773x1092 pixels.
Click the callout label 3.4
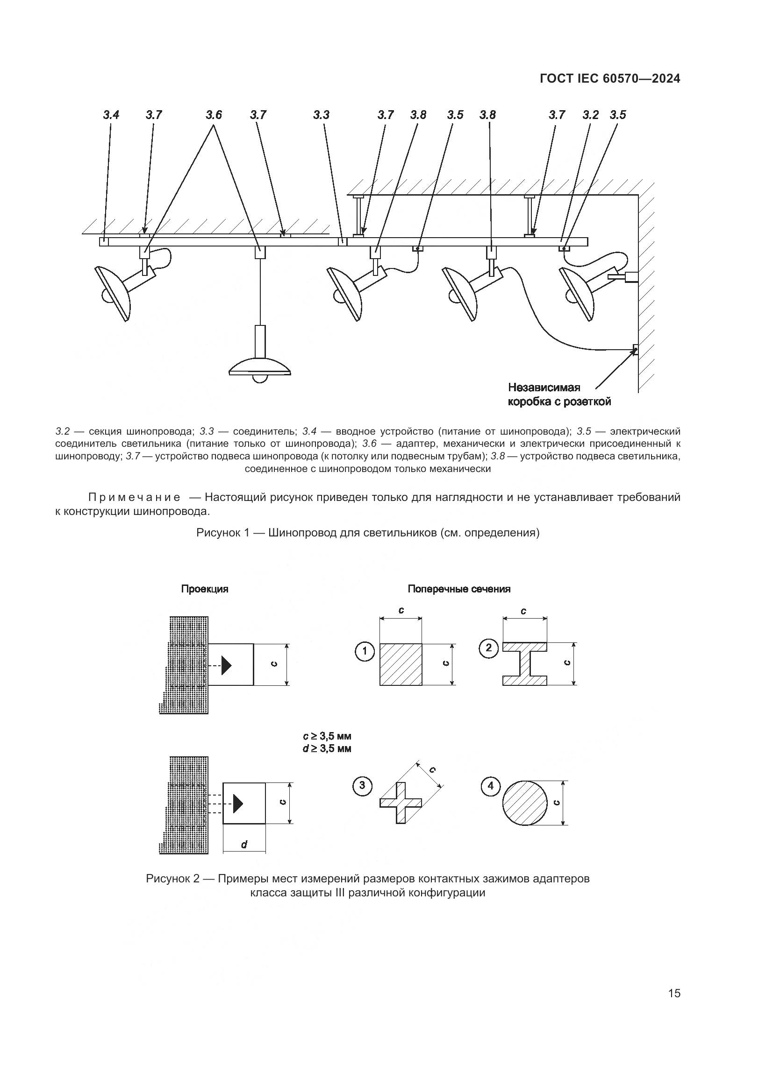pos(111,115)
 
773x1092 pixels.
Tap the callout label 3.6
pos(214,115)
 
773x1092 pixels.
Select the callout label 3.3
pos(321,115)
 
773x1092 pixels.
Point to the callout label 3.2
pos(590,115)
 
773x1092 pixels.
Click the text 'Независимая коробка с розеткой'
pos(559,395)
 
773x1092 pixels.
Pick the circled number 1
pos(365,651)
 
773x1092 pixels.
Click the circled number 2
pos(488,648)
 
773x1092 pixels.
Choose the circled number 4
pos(490,787)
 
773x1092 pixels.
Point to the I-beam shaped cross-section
pos(524,664)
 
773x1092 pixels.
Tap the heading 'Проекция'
pos(205,589)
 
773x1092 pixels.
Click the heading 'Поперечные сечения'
pos(459,589)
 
